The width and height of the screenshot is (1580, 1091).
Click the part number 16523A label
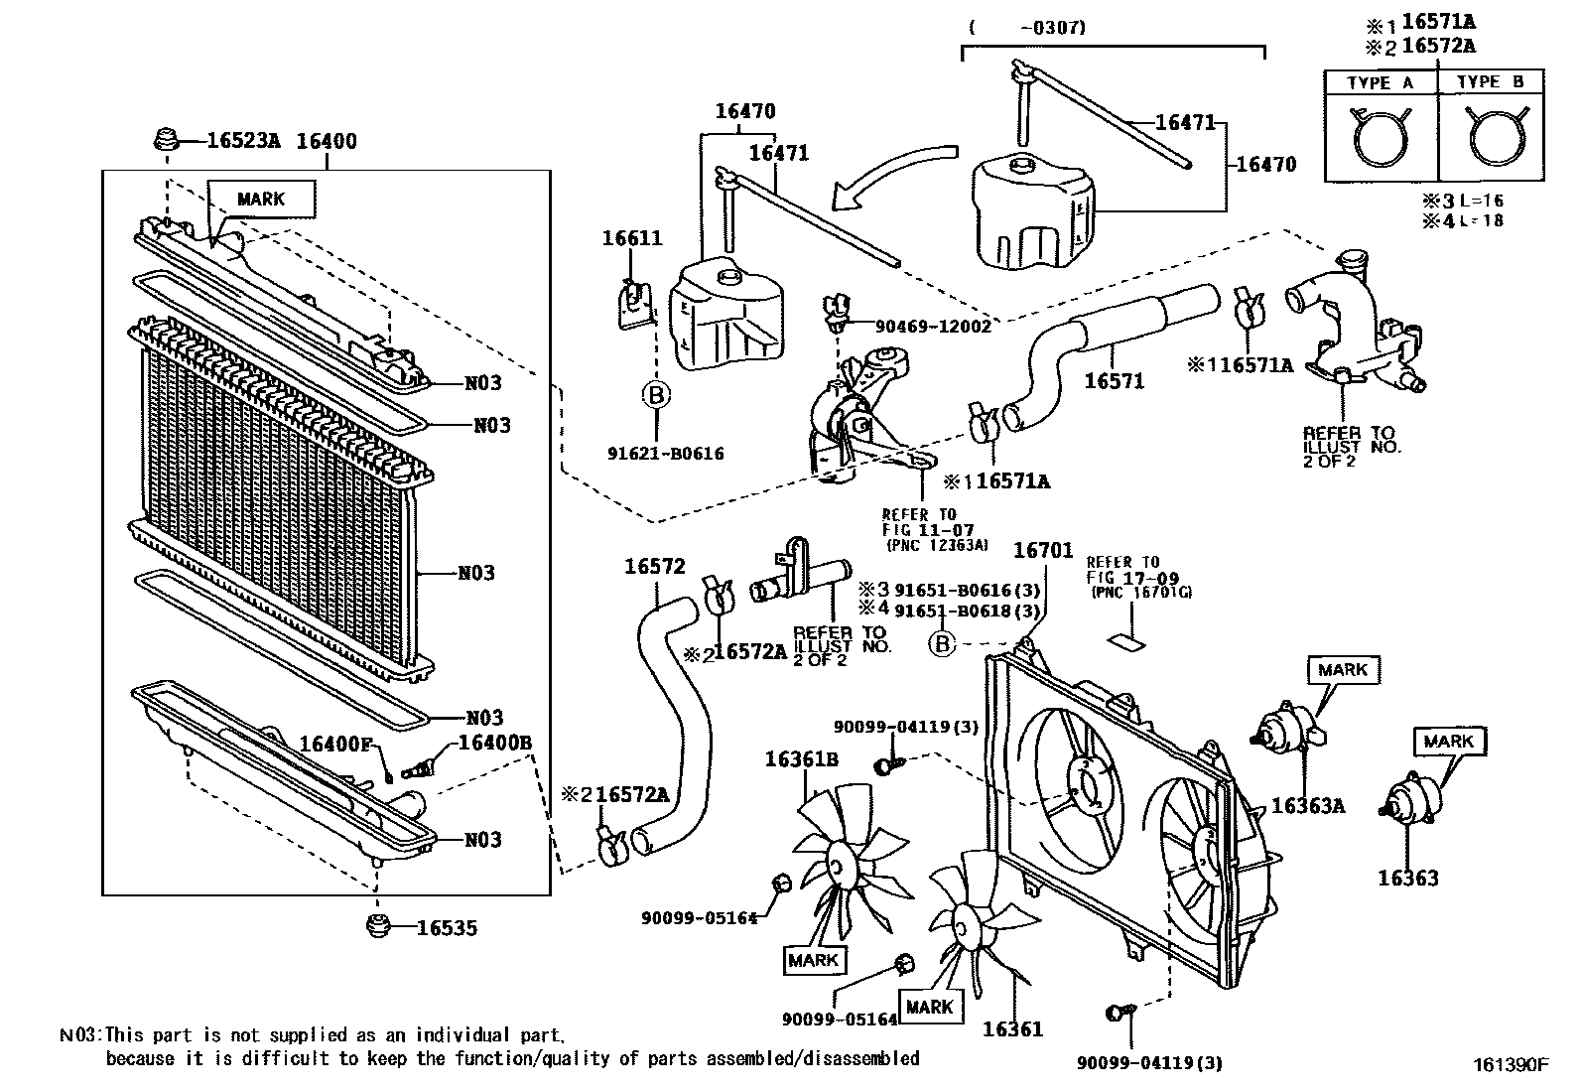(x=243, y=141)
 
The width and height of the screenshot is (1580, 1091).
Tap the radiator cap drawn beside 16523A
(x=167, y=140)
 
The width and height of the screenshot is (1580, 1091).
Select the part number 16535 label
(x=447, y=928)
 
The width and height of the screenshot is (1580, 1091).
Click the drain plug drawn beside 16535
(x=376, y=927)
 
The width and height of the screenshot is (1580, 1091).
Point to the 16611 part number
(x=631, y=238)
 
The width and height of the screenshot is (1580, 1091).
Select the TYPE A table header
(x=1381, y=83)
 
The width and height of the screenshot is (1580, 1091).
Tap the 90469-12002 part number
(x=933, y=326)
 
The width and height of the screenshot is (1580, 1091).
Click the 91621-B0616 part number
(x=665, y=454)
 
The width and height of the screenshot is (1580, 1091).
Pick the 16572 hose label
(x=654, y=567)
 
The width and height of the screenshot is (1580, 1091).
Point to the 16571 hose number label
(x=1114, y=380)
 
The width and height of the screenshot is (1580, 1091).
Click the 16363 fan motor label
(x=1407, y=878)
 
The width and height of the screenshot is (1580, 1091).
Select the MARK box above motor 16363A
(x=1343, y=670)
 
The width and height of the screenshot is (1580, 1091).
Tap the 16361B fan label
(x=801, y=759)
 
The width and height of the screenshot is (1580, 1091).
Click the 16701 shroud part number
(x=1042, y=550)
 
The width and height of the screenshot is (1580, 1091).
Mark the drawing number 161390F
(x=1510, y=1064)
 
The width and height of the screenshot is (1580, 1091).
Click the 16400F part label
(x=334, y=744)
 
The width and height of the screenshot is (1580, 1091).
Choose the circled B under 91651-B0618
(x=942, y=644)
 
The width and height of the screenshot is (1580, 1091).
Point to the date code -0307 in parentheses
(x=1055, y=28)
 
